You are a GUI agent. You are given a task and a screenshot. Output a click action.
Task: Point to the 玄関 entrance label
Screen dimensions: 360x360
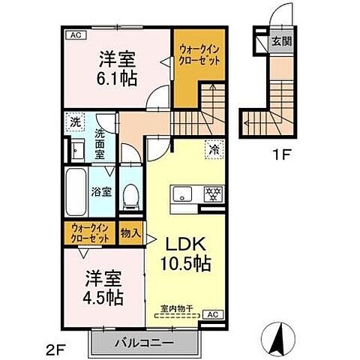coord(280,40)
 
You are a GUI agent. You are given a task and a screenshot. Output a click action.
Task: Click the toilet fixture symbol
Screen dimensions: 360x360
coord(132,197)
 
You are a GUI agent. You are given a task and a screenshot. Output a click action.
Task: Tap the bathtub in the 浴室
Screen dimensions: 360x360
coord(76,191)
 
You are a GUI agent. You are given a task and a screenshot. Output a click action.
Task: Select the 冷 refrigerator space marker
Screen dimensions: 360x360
coord(214,148)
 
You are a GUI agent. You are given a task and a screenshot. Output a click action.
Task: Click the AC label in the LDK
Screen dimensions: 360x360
coord(212,314)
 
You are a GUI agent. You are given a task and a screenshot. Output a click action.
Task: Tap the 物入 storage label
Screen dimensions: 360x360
coord(130,232)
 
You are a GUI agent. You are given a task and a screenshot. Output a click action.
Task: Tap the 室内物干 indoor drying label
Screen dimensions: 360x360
coord(175,307)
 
